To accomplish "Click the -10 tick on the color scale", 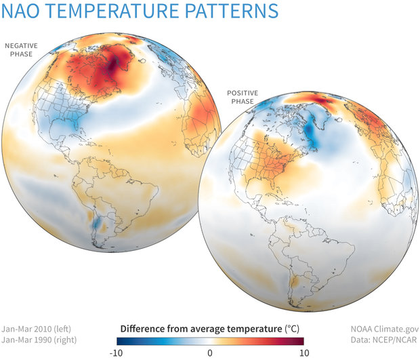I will tap(117, 353).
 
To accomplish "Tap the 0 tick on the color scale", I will tap(210, 353).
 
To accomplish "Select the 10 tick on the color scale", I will tap(303, 353).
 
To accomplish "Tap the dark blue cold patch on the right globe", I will tap(311, 132).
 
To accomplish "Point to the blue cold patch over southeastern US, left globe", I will tap(64, 125).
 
